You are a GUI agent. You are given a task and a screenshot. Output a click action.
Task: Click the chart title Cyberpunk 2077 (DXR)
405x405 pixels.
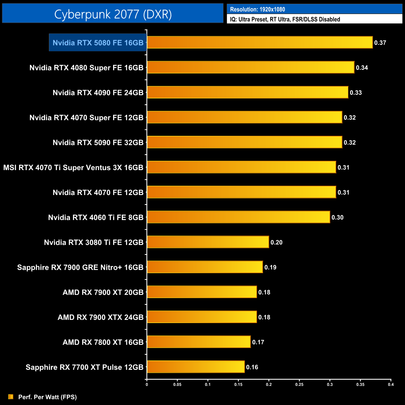click(x=113, y=14)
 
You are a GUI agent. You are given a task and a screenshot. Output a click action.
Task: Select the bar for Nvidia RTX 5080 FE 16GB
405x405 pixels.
click(x=260, y=42)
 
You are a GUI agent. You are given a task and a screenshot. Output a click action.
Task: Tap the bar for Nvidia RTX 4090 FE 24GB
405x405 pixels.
click(x=247, y=92)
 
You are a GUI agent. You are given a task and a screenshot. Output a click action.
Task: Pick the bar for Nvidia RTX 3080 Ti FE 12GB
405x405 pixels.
click(x=208, y=242)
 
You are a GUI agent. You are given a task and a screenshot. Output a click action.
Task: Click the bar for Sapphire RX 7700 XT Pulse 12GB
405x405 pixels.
click(x=196, y=367)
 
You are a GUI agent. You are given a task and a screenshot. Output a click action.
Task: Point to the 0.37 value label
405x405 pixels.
click(x=380, y=43)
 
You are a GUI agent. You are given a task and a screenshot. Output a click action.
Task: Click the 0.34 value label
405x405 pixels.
click(x=362, y=68)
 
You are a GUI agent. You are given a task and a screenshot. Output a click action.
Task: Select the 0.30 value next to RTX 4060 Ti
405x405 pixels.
click(x=337, y=217)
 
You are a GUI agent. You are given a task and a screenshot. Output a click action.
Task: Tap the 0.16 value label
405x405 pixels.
click(x=252, y=367)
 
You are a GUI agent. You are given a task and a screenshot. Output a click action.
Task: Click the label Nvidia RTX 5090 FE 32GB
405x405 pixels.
click(x=98, y=143)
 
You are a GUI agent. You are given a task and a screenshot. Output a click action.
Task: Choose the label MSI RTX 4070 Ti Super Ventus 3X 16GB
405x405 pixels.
click(x=73, y=168)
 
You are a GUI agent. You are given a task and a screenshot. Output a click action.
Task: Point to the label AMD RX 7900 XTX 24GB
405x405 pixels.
click(x=100, y=317)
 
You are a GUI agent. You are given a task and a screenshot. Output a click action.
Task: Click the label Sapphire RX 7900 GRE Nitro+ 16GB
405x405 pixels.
click(x=80, y=267)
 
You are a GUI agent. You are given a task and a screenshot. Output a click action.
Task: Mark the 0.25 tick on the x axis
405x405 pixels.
click(x=299, y=384)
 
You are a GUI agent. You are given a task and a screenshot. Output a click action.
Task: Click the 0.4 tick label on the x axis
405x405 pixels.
click(x=391, y=384)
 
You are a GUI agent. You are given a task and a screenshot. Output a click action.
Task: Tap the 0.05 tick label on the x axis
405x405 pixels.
click(x=177, y=384)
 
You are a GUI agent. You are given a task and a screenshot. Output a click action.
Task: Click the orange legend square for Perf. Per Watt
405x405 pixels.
click(x=11, y=397)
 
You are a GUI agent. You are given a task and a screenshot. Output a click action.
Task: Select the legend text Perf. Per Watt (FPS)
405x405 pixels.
click(x=47, y=397)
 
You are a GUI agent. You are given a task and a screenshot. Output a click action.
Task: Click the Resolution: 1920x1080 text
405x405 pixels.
click(x=257, y=9)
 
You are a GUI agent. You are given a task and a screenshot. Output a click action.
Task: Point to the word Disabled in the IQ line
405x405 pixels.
click(x=329, y=19)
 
